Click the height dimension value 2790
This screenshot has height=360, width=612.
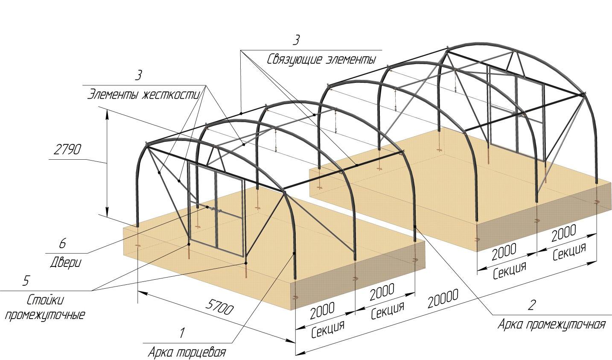click(67, 150)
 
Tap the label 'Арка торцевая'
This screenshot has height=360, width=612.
click(187, 352)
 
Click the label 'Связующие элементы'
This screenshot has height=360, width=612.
click(321, 60)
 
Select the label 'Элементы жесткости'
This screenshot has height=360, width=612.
click(144, 95)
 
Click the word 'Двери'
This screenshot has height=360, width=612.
click(66, 263)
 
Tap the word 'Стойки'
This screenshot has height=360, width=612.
click(45, 300)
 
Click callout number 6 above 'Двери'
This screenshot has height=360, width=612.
click(62, 243)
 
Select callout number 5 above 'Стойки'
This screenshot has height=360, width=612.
click(26, 281)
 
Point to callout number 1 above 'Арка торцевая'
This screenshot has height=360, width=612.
click(182, 333)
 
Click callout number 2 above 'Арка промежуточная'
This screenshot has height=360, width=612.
click(532, 305)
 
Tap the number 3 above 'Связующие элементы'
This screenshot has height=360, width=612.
click(296, 40)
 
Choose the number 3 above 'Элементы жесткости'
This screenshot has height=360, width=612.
click(139, 75)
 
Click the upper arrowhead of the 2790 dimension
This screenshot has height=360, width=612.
click(107, 115)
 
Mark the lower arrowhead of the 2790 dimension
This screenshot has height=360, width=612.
click(107, 212)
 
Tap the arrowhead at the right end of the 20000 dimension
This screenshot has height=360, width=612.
click(591, 263)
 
